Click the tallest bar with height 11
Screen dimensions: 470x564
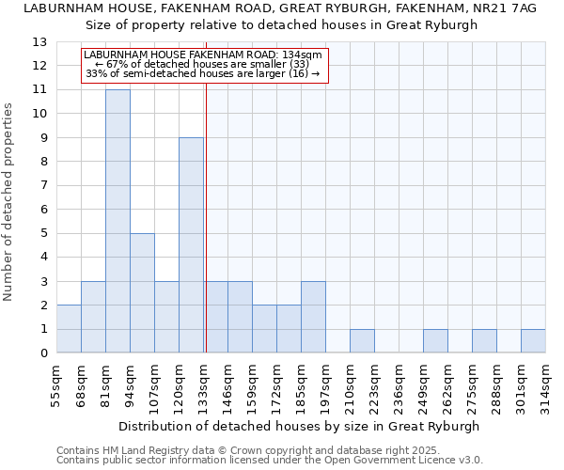coord(117,221)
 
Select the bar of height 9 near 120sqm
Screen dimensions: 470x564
coord(191,244)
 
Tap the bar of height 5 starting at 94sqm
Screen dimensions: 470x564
coord(142,293)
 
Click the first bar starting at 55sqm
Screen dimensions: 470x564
coord(69,329)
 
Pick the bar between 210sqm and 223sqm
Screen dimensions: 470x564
coord(362,341)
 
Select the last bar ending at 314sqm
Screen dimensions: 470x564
coord(533,341)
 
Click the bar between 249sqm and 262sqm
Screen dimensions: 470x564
coord(435,341)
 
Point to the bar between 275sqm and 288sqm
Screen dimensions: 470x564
coord(484,341)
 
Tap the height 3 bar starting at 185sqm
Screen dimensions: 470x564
coord(313,317)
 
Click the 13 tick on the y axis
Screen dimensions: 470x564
coord(39,42)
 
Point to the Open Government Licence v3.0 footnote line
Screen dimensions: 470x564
coord(270,460)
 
